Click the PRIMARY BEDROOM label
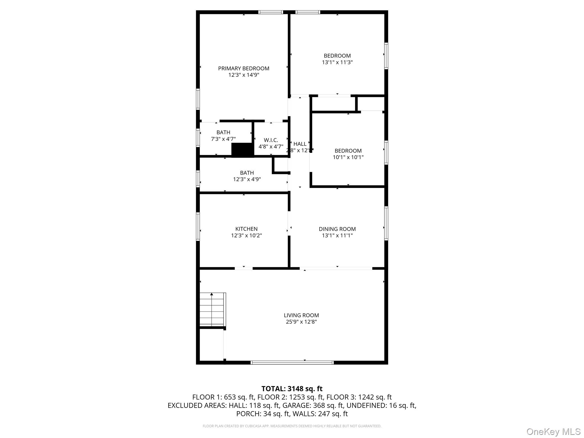(x=244, y=68)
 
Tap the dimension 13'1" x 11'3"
(x=337, y=62)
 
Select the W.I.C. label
(x=271, y=140)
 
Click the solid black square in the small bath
(x=242, y=150)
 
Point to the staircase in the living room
(x=212, y=309)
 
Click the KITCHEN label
(x=246, y=229)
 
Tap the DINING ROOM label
(x=337, y=229)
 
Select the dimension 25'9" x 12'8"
(x=301, y=322)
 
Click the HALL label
(x=300, y=144)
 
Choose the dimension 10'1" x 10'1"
(x=348, y=157)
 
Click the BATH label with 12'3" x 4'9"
(x=247, y=173)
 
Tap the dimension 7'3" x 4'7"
(x=223, y=139)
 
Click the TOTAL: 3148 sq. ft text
(x=292, y=389)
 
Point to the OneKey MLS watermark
(x=553, y=432)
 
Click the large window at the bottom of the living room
(x=292, y=363)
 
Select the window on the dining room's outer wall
(x=386, y=223)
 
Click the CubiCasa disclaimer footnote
(x=292, y=426)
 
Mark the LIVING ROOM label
(x=301, y=315)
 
